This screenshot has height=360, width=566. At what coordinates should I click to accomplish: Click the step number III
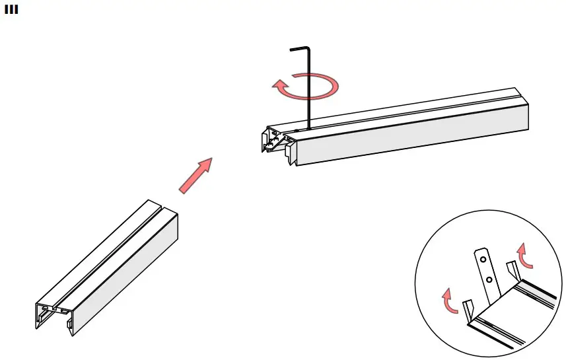(x=11, y=11)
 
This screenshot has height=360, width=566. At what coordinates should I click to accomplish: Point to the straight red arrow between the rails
(x=195, y=176)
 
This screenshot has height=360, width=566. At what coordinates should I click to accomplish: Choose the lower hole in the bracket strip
(x=489, y=279)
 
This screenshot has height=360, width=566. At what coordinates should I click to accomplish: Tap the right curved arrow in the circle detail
(x=524, y=254)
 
